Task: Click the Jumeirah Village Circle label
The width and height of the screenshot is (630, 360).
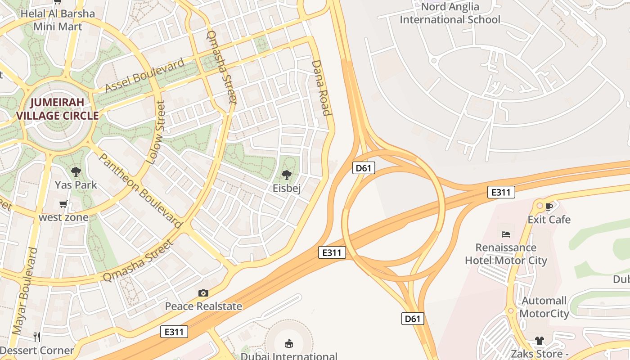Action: pos(58,109)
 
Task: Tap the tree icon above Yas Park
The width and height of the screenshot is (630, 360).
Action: pos(76,171)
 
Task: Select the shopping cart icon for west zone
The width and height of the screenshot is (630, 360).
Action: pos(63,204)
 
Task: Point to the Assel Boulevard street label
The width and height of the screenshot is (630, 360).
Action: pos(145,75)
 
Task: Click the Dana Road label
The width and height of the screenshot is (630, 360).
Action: pos(321,88)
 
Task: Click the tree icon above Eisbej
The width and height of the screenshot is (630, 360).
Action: pos(286,175)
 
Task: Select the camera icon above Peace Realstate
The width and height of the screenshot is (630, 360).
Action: pos(203,293)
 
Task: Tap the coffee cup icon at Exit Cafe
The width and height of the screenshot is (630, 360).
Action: pos(549,207)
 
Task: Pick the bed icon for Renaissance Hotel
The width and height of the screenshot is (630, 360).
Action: pos(506,234)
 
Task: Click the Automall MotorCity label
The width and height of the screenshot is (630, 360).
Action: pos(544,307)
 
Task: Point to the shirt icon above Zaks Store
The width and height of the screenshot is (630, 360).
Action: pos(540,341)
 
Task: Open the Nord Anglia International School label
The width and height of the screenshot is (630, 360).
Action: pos(450,13)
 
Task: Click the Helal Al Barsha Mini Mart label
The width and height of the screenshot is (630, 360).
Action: pos(58,20)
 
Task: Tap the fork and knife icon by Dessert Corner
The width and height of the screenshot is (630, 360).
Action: pos(37,336)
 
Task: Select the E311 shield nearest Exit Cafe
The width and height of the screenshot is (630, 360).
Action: pos(501,193)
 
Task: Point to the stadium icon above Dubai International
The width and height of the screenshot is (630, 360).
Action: pos(288,344)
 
